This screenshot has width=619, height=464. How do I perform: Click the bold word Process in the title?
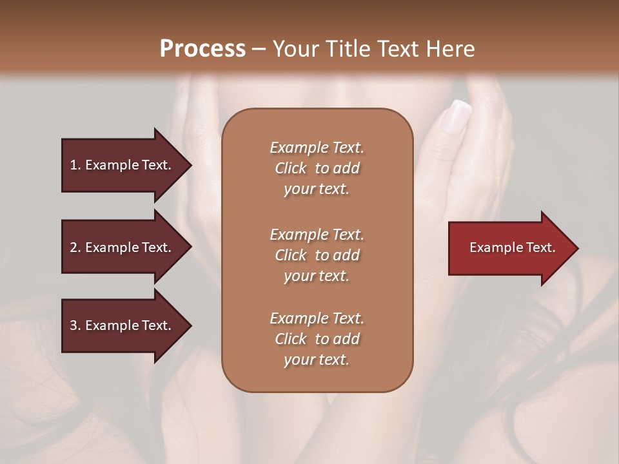point(202,49)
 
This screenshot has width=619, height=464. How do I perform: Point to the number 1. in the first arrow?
point(75,165)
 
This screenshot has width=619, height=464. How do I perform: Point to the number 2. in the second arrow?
point(75,247)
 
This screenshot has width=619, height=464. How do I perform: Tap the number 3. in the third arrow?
point(75,325)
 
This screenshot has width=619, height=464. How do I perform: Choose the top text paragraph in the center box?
point(317,168)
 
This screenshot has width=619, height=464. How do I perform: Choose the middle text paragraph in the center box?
point(317,255)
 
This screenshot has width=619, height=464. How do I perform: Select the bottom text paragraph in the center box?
point(317,339)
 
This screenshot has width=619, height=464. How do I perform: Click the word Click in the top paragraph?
point(290,168)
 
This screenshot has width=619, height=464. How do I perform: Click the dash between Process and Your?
point(259,49)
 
